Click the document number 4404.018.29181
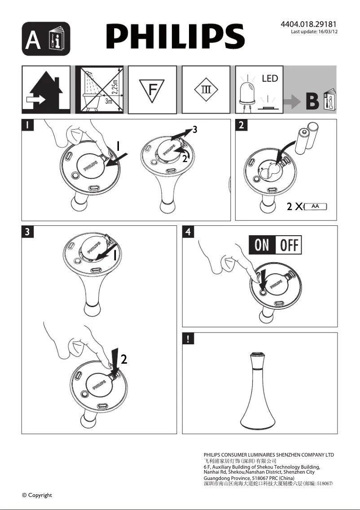point(308,24)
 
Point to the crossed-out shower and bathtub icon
point(99,90)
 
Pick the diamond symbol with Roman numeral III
point(206,89)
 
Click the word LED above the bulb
point(270,79)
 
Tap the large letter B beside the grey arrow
point(312,102)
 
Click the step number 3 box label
point(27,232)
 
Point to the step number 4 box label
point(188,232)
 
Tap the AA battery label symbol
point(315,207)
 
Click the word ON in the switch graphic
point(262,246)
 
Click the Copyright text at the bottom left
point(37,495)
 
